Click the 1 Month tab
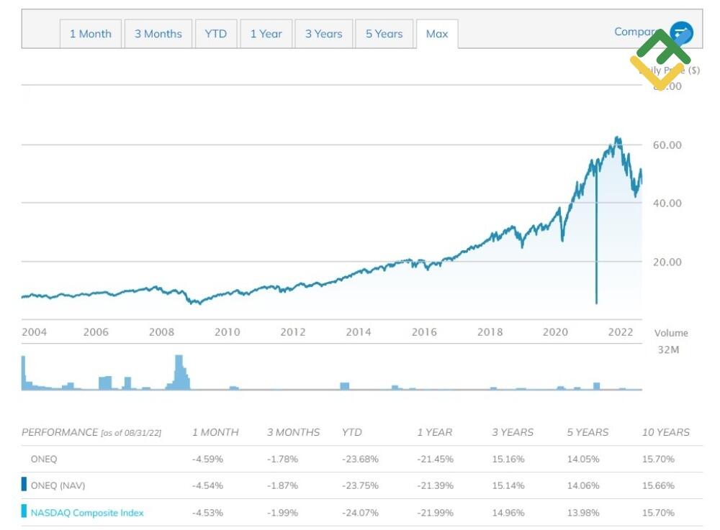pyautogui.click(x=90, y=34)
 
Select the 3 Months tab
pyautogui.click(x=158, y=34)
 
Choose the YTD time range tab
pyautogui.click(x=215, y=34)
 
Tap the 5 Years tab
pyautogui.click(x=384, y=34)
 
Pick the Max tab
pyautogui.click(x=437, y=34)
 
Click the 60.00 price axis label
pyautogui.click(x=667, y=145)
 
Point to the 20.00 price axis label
pyautogui.click(x=667, y=262)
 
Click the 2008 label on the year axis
pyautogui.click(x=162, y=332)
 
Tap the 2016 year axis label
pyautogui.click(x=424, y=332)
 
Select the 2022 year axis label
pyautogui.click(x=620, y=332)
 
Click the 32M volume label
pyautogui.click(x=669, y=349)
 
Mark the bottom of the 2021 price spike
pyautogui.click(x=596, y=302)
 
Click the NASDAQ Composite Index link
pyautogui.click(x=87, y=513)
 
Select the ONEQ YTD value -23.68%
pyautogui.click(x=360, y=459)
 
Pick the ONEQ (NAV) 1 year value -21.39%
pyautogui.click(x=436, y=485)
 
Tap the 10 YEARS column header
pyautogui.click(x=665, y=432)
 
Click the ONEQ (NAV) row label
pyautogui.click(x=58, y=485)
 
